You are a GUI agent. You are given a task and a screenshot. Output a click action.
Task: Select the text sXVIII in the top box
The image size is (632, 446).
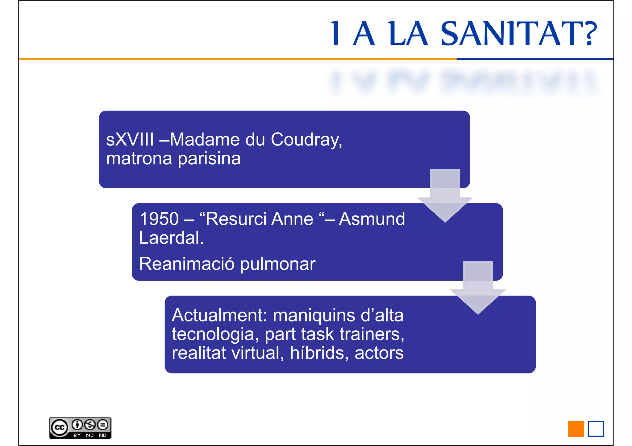[x=130, y=139]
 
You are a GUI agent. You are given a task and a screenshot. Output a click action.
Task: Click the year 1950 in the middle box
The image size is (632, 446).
[x=159, y=219]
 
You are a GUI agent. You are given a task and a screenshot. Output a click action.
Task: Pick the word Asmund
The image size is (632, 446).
[x=372, y=219]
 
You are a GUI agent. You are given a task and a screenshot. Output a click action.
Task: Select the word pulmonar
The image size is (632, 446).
[x=277, y=264]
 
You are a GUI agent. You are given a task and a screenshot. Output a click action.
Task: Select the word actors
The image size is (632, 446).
[x=379, y=353]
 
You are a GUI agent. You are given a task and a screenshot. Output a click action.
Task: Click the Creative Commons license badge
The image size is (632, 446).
[x=80, y=428]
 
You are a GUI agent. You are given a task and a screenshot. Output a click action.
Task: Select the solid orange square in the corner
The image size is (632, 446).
[x=576, y=429]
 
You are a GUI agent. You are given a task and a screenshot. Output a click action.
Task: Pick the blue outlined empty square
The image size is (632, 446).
[x=596, y=429]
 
